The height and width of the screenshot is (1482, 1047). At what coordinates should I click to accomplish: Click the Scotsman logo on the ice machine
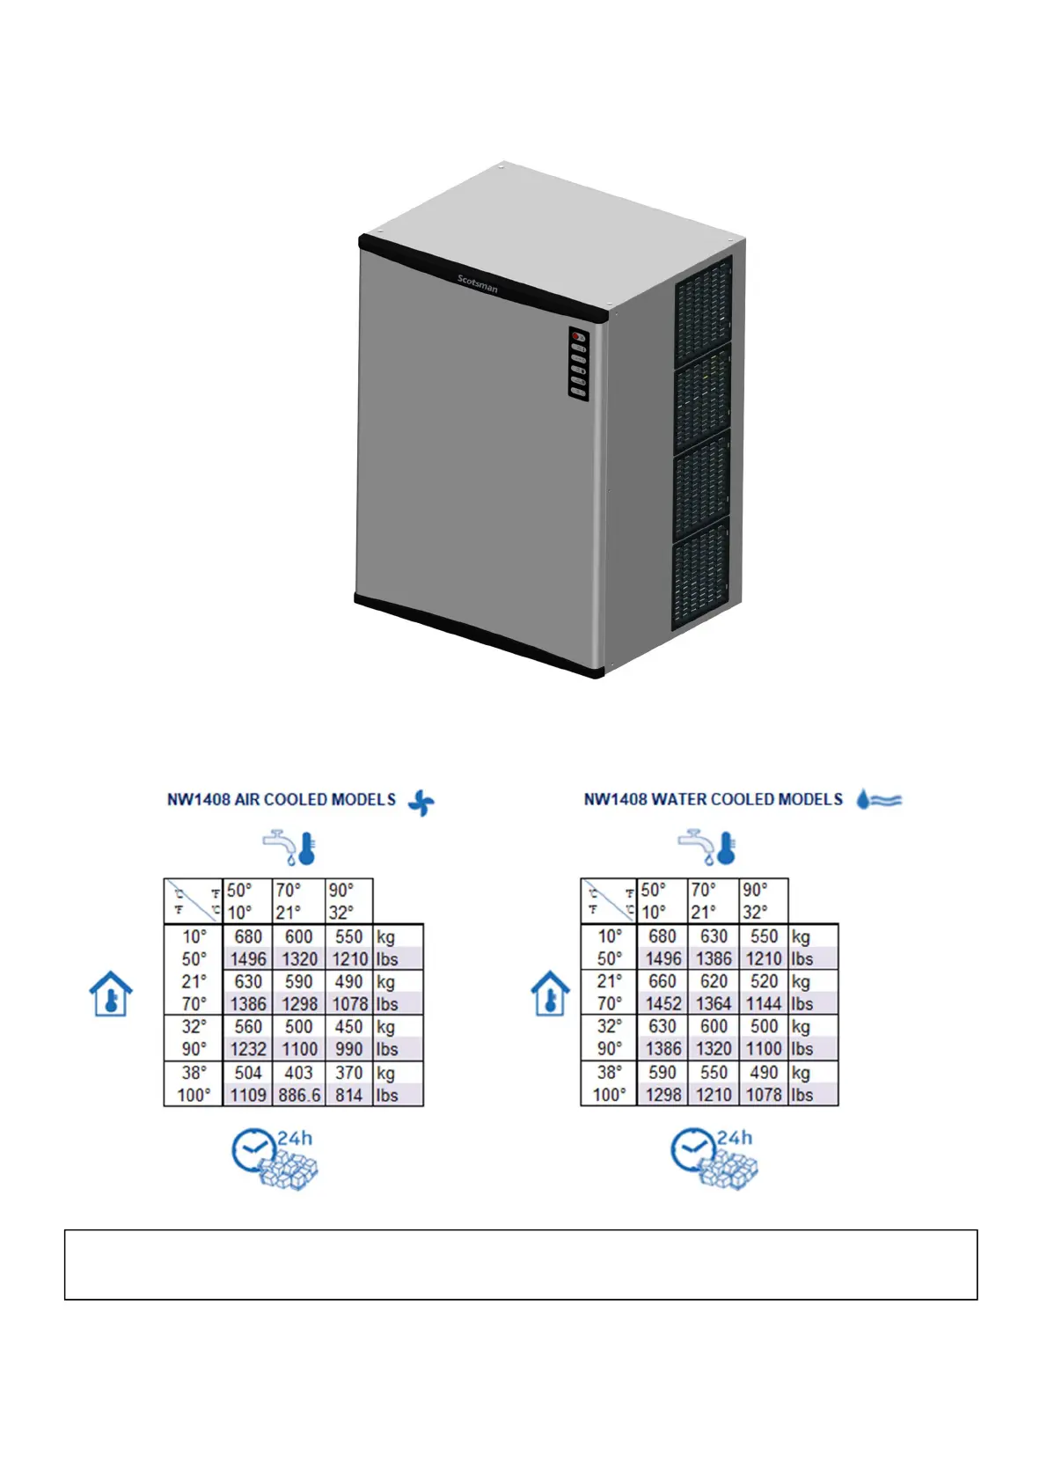coord(477,283)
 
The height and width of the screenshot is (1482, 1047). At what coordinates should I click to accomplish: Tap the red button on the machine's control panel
coord(575,336)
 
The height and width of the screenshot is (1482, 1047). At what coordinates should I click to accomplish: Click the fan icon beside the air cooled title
coord(421,802)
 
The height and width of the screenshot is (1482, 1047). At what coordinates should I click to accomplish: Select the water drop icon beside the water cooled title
coord(863,798)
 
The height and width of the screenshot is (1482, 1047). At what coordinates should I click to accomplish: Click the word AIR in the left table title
coord(246,800)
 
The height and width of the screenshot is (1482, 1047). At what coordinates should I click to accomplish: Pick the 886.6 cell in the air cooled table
coord(299,1095)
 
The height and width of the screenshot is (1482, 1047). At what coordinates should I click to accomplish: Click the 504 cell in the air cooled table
coord(248,1073)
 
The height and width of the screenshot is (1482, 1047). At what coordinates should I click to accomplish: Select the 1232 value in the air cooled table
coord(248,1049)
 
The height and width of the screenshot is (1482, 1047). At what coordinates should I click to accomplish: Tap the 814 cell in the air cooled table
coord(348,1095)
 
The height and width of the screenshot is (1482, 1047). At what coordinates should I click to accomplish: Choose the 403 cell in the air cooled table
coord(298,1073)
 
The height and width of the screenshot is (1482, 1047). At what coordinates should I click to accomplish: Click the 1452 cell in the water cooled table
coord(663,1003)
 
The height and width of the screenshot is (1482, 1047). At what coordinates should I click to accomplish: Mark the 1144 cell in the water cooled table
coord(764,1003)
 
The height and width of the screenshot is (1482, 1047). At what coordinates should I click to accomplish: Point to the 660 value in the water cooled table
coord(663,981)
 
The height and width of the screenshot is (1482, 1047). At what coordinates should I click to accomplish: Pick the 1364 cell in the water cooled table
coord(714,1003)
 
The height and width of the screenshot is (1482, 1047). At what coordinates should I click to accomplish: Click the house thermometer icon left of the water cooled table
coord(551,994)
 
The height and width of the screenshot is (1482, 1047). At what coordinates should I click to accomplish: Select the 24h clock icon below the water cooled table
coord(713,1159)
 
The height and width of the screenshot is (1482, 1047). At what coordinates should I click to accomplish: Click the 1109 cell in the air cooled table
coord(248,1095)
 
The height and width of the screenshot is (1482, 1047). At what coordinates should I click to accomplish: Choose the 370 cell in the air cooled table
coord(348,1073)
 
